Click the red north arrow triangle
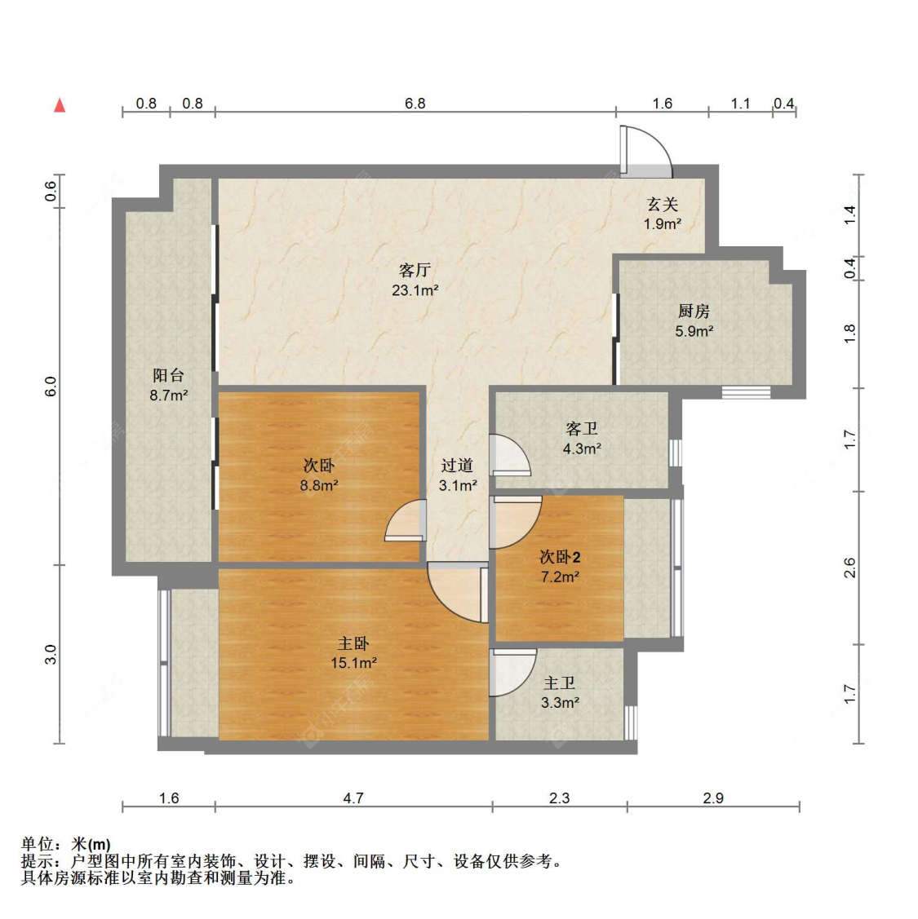tap(60, 105)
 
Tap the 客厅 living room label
tap(415, 270)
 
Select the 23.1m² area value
tap(415, 290)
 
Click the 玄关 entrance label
tap(663, 205)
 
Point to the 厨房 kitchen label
tap(694, 311)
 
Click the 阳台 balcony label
tap(168, 375)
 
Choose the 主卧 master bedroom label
tap(353, 643)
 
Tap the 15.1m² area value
tap(353, 663)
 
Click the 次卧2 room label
tap(561, 557)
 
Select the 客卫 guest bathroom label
tap(582, 429)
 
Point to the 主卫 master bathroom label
tap(560, 683)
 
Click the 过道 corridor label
tap(457, 466)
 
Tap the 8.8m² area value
tap(319, 485)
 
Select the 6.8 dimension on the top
tap(415, 104)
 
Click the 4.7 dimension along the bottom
tap(353, 798)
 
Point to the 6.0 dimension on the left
tap(51, 387)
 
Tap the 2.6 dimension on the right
tap(849, 568)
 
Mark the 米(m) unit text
tap(91, 844)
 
